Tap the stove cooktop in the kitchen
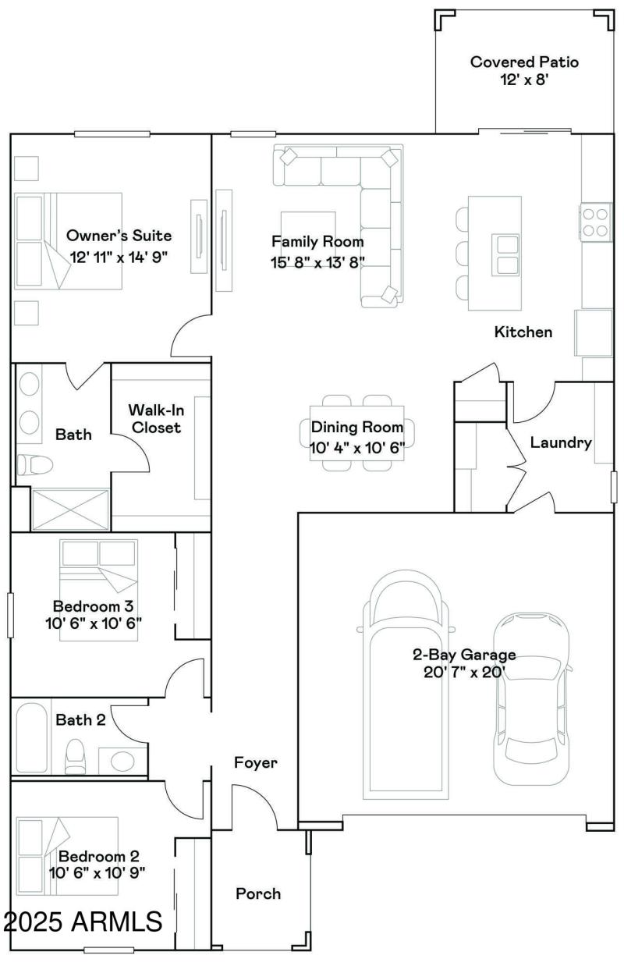click(x=596, y=222)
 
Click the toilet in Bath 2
click(x=76, y=756)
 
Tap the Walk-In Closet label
click(x=155, y=418)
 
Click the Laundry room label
click(x=561, y=443)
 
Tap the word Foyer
click(x=256, y=763)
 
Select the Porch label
click(x=258, y=893)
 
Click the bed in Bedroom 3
click(x=100, y=588)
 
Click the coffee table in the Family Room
click(x=309, y=226)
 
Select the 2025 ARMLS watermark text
click(x=83, y=922)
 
